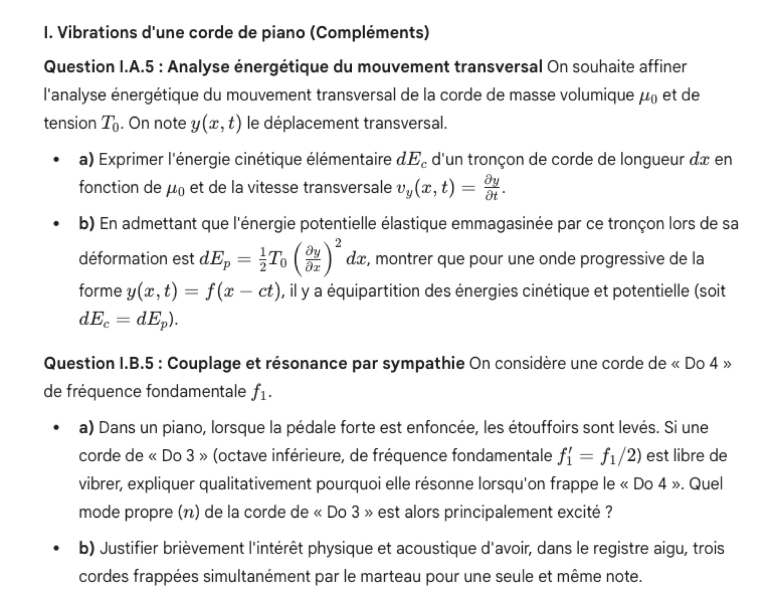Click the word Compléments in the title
pyautogui.click(x=369, y=32)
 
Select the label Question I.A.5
pyautogui.click(x=99, y=67)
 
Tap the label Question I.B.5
pyautogui.click(x=99, y=363)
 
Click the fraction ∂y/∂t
pyautogui.click(x=492, y=188)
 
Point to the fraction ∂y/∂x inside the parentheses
pyautogui.click(x=313, y=259)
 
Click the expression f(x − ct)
pyautogui.click(x=242, y=291)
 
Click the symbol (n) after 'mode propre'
pyautogui.click(x=189, y=512)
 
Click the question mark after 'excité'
pyautogui.click(x=608, y=512)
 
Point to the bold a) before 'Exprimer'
pyautogui.click(x=87, y=159)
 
